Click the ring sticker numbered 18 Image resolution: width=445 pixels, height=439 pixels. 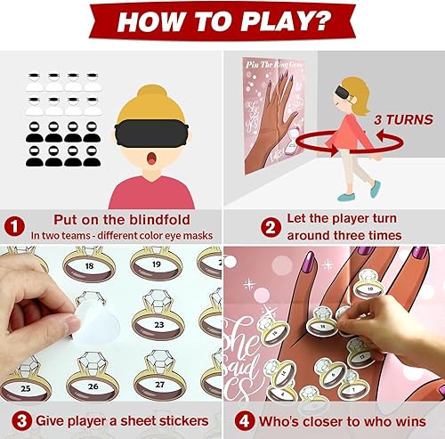88,265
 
